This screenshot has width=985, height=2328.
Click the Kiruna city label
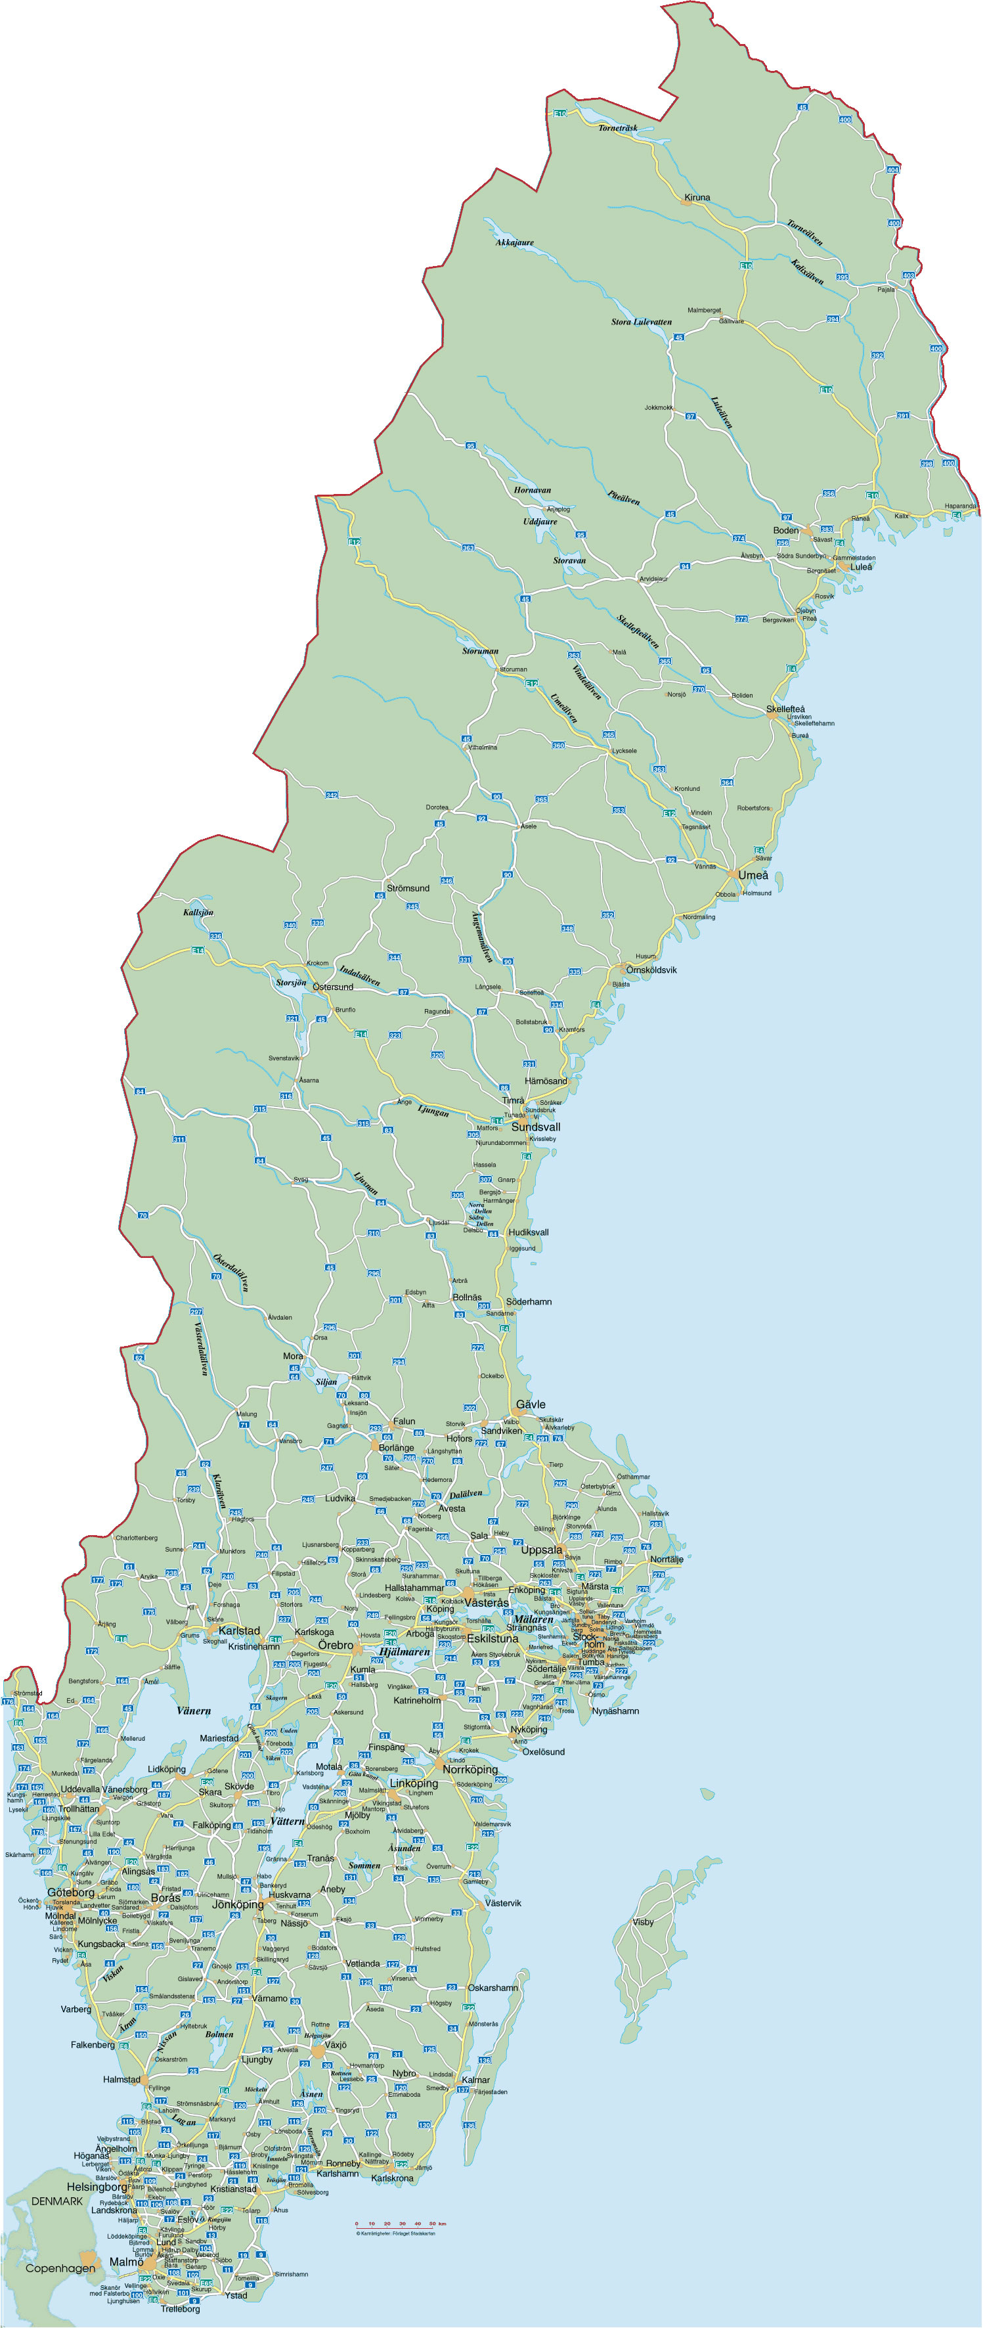tap(697, 198)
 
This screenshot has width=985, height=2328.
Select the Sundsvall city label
tap(536, 1128)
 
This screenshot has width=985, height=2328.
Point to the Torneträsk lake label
tap(617, 128)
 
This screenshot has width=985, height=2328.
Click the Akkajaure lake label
tap(514, 243)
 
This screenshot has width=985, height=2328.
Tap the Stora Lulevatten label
tap(641, 322)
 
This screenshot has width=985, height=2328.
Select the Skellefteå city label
tap(785, 709)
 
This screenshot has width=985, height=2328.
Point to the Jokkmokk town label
tap(659, 407)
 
